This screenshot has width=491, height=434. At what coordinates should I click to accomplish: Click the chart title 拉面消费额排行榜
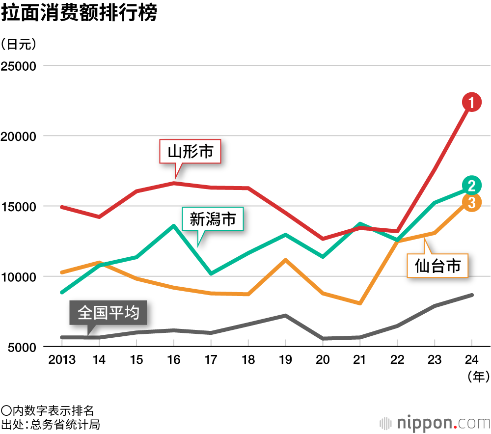tap(79, 13)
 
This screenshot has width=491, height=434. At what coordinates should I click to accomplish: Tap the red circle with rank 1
tap(471, 102)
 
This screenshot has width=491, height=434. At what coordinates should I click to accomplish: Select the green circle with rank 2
tap(471, 186)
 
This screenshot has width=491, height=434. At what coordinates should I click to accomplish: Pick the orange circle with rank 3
tap(471, 202)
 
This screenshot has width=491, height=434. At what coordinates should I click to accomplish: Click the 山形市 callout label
tap(191, 152)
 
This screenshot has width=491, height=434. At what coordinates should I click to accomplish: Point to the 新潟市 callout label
tap(213, 219)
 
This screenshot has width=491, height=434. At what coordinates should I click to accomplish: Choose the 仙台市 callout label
tap(437, 266)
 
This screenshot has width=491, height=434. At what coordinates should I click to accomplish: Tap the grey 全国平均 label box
tap(109, 312)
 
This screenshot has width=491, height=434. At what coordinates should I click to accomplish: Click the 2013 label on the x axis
tap(62, 360)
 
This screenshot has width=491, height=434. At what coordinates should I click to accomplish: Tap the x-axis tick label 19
tap(285, 360)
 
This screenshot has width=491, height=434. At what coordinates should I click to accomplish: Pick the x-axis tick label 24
tap(472, 360)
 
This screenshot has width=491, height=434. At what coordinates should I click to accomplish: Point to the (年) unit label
tap(476, 377)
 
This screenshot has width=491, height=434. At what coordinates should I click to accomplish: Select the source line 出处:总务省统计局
tap(51, 424)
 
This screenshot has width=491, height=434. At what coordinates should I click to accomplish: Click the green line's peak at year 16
tap(174, 226)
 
